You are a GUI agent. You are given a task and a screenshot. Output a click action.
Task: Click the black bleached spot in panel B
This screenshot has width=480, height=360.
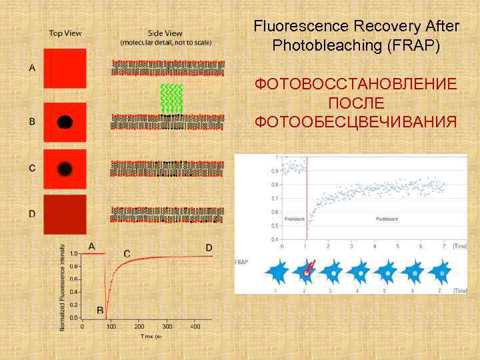pyautogui.click(x=65, y=122)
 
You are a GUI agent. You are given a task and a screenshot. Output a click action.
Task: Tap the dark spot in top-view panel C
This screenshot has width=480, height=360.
pyautogui.click(x=65, y=169)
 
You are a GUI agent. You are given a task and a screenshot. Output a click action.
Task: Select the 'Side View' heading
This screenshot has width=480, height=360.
pyautogui.click(x=165, y=33)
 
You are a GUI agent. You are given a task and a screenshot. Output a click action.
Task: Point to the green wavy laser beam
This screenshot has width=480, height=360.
pyautogui.click(x=172, y=98)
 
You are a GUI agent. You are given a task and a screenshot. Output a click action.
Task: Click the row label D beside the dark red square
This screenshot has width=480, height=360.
pyautogui.click(x=32, y=213)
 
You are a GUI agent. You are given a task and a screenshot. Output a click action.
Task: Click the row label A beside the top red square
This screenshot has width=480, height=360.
pyautogui.click(x=32, y=67)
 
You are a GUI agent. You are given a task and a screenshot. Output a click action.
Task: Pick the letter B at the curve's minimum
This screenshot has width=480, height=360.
pyautogui.click(x=99, y=311)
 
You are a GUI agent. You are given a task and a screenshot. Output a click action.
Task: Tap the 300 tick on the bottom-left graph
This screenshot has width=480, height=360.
pyautogui.click(x=167, y=327)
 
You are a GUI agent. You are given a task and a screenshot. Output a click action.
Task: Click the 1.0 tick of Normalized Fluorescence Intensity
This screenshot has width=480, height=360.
pyautogui.click(x=73, y=253)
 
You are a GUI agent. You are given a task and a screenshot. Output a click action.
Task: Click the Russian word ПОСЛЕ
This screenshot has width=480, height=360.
pyautogui.click(x=356, y=103)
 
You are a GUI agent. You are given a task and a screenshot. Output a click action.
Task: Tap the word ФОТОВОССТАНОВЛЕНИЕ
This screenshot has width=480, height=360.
pyautogui.click(x=356, y=85)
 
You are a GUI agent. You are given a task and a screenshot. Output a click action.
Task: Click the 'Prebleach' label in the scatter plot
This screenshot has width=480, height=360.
pyautogui.click(x=294, y=219)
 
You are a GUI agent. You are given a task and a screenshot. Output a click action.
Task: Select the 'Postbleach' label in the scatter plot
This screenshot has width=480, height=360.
pyautogui.click(x=387, y=219)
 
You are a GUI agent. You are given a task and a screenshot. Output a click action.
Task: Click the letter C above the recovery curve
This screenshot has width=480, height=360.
pyautogui.click(x=127, y=254)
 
